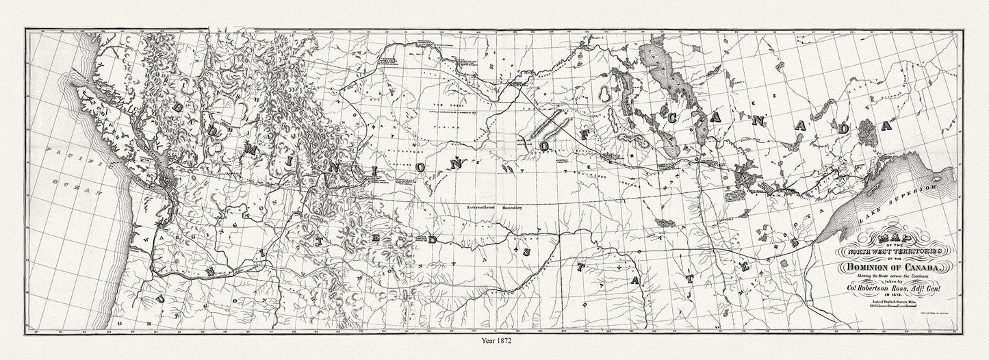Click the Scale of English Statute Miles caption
[886, 302]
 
